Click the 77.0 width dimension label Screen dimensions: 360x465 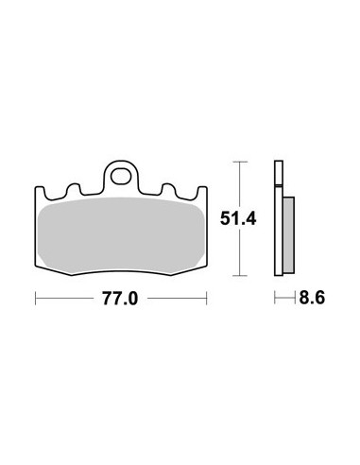120,299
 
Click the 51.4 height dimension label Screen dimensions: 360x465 238,218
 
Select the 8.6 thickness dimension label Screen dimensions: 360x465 312,297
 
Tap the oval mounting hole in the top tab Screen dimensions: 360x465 121,177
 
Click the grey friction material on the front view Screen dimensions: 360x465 121,235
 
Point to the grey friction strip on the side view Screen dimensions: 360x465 288,235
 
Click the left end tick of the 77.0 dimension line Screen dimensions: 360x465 36,298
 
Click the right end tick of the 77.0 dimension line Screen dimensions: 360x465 207,298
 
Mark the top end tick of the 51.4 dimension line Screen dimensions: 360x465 240,162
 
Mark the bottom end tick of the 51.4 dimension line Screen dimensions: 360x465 240,276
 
